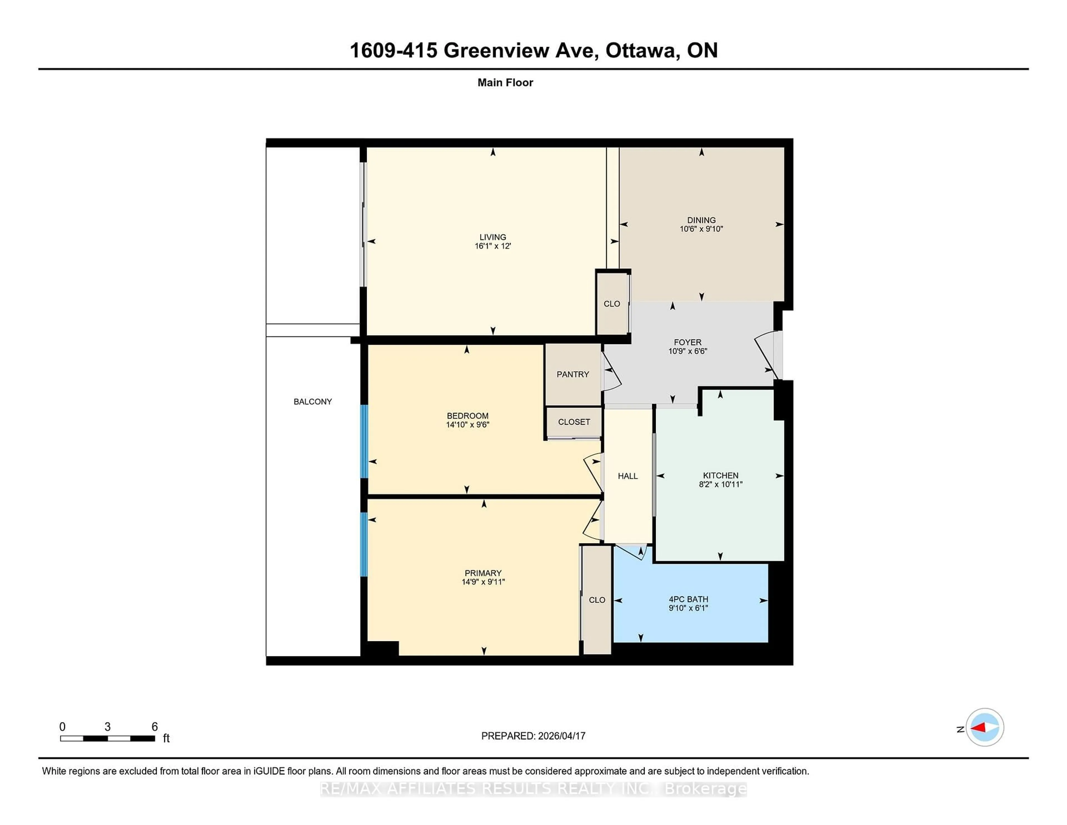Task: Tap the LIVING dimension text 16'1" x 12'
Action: (492, 246)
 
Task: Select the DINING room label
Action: (701, 220)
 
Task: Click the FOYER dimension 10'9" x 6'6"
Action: (687, 351)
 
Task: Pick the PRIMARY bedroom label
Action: (483, 573)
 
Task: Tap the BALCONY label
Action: (313, 401)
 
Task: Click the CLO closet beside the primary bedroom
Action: (597, 600)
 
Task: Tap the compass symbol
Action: (984, 727)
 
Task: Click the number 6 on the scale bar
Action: (154, 727)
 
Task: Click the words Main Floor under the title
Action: (505, 83)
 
